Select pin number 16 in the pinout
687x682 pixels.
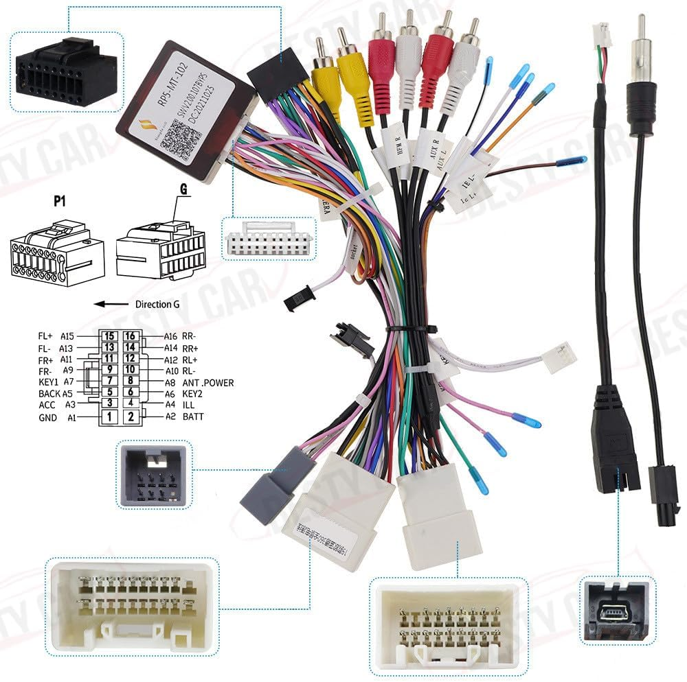coord(131,336)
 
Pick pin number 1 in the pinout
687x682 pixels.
coord(109,416)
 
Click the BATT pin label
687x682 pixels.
coord(194,416)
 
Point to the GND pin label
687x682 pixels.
coord(48,417)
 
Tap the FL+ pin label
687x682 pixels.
coord(46,336)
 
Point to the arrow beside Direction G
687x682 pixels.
coord(111,304)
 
